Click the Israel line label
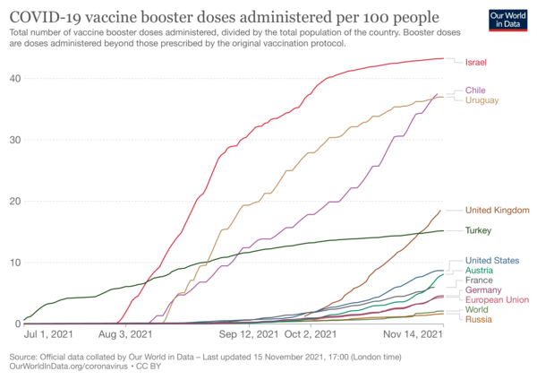(476, 63)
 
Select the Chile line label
(475, 91)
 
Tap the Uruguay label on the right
(482, 100)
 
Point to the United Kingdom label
(498, 211)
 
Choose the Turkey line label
(478, 230)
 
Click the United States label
(492, 261)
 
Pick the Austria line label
(479, 271)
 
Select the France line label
(479, 281)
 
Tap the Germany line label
(483, 290)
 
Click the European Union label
(497, 300)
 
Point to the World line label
(476, 310)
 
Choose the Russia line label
(479, 320)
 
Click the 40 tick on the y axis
(15, 79)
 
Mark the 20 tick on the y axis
(15, 202)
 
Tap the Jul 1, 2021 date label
(48, 334)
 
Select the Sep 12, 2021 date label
(249, 334)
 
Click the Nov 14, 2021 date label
(413, 334)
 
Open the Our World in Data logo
(507, 21)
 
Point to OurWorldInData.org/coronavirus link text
(68, 367)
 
